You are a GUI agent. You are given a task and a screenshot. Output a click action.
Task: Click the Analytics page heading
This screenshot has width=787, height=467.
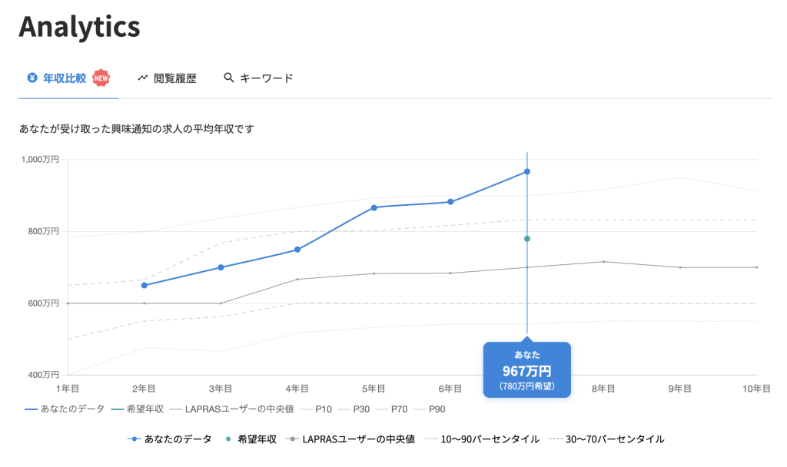click(79, 28)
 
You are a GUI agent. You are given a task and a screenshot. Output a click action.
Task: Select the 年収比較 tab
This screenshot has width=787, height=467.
click(64, 78)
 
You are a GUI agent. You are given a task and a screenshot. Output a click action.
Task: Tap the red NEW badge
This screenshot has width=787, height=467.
click(101, 78)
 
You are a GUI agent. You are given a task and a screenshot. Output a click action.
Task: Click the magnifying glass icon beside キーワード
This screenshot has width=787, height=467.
click(228, 78)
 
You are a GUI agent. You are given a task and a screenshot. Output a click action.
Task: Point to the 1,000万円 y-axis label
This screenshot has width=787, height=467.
click(42, 159)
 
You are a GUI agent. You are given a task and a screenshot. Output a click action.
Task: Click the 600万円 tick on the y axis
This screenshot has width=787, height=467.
click(45, 303)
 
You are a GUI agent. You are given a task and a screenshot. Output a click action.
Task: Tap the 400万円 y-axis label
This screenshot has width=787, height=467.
click(45, 376)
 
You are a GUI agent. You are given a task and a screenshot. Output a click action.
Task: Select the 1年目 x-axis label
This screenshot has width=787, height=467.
click(68, 389)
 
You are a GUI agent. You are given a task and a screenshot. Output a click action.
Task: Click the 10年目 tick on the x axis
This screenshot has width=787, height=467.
click(756, 389)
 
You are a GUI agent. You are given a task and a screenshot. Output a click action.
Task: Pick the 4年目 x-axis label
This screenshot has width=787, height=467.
click(297, 389)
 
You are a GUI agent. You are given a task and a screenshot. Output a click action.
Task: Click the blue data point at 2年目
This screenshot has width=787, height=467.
click(144, 285)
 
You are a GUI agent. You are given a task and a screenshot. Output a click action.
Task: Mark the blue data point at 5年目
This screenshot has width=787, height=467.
click(374, 207)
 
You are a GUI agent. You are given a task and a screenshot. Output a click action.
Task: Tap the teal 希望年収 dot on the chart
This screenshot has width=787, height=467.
click(527, 239)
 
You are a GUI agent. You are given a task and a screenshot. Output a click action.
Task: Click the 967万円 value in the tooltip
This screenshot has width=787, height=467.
click(526, 371)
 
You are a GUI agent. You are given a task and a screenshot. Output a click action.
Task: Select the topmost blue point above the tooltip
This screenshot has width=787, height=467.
click(527, 171)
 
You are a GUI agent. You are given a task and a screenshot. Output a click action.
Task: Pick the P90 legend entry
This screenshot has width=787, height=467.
click(437, 409)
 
